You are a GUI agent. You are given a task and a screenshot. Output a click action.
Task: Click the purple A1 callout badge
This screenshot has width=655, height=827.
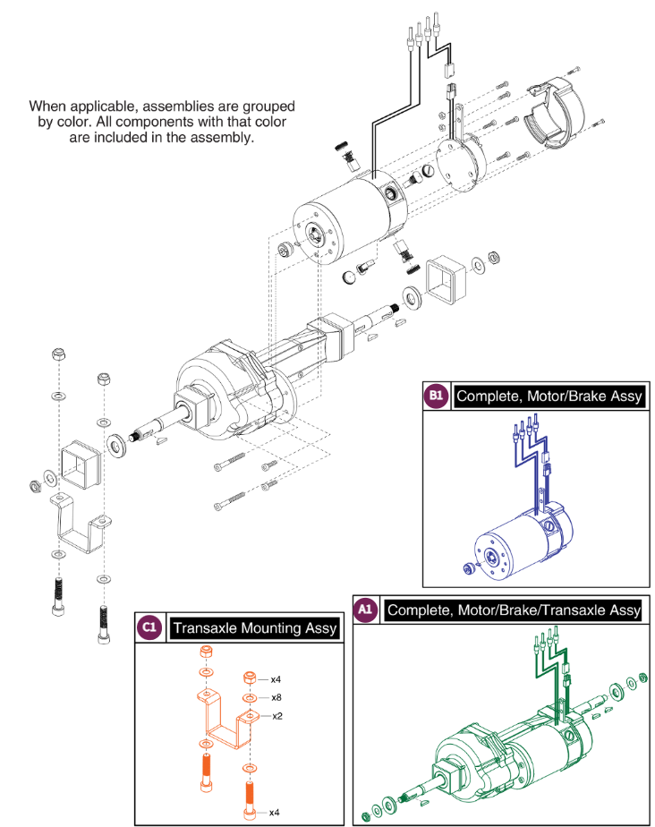coord(365,610)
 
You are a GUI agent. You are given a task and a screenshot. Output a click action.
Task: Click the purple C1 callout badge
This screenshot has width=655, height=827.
coord(149,628)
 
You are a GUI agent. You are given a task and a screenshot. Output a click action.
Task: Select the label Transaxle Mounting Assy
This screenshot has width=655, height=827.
coord(255,628)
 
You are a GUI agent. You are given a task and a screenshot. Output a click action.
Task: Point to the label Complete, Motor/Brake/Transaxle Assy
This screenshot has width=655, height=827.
coord(513,610)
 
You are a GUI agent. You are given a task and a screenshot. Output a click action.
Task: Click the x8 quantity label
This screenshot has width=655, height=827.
coord(277,697)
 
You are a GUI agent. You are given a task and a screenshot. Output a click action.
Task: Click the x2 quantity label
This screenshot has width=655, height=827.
coord(277,715)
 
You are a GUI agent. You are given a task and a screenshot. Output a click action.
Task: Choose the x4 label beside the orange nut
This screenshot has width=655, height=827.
coord(277,679)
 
